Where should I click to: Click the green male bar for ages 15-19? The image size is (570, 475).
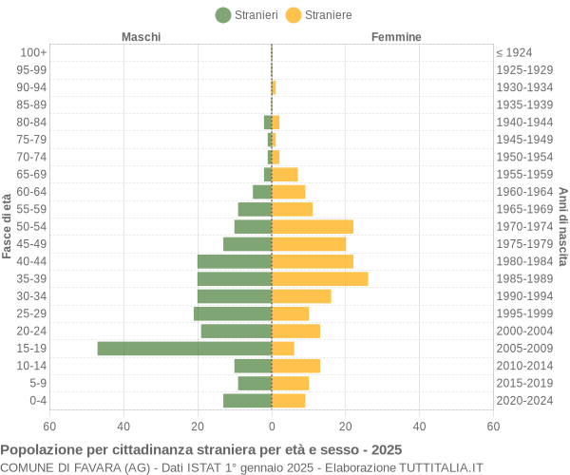tap(184, 349)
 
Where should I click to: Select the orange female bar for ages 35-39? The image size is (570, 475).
tap(319, 279)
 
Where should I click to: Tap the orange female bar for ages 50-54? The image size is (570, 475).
tap(313, 227)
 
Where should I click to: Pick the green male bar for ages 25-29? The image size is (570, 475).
tap(233, 313)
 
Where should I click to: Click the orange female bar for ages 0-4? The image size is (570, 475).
tap(288, 401)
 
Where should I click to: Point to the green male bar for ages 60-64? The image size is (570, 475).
tap(262, 192)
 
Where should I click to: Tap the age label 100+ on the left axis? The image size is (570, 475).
tap(33, 52)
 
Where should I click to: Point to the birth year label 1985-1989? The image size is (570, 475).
tap(524, 279)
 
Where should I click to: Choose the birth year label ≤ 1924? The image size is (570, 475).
tap(514, 52)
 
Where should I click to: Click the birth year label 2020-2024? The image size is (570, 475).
tap(524, 401)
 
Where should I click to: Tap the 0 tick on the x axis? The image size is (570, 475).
tap(272, 427)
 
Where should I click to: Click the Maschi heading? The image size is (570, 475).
tap(141, 36)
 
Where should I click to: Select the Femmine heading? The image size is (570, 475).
tap(396, 36)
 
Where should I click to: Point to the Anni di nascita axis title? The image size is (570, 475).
tap(562, 226)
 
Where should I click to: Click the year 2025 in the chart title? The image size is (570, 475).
tap(386, 449)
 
